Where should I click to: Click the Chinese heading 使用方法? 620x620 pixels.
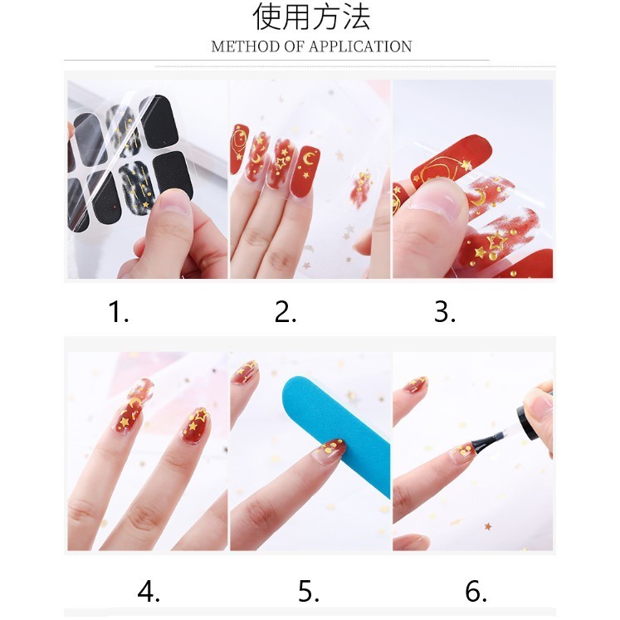tap(311, 17)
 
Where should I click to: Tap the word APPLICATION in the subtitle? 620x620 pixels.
tap(360, 46)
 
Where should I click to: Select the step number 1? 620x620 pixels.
tap(119, 311)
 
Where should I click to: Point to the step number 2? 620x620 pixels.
tap(286, 311)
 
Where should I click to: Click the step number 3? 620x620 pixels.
tap(445, 311)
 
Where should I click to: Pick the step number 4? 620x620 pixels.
tap(149, 592)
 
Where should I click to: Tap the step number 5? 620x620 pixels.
tap(309, 592)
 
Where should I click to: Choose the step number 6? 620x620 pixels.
tap(476, 592)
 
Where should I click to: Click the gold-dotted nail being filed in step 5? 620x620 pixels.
tap(330, 450)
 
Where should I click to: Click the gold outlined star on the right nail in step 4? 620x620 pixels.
tap(201, 415)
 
